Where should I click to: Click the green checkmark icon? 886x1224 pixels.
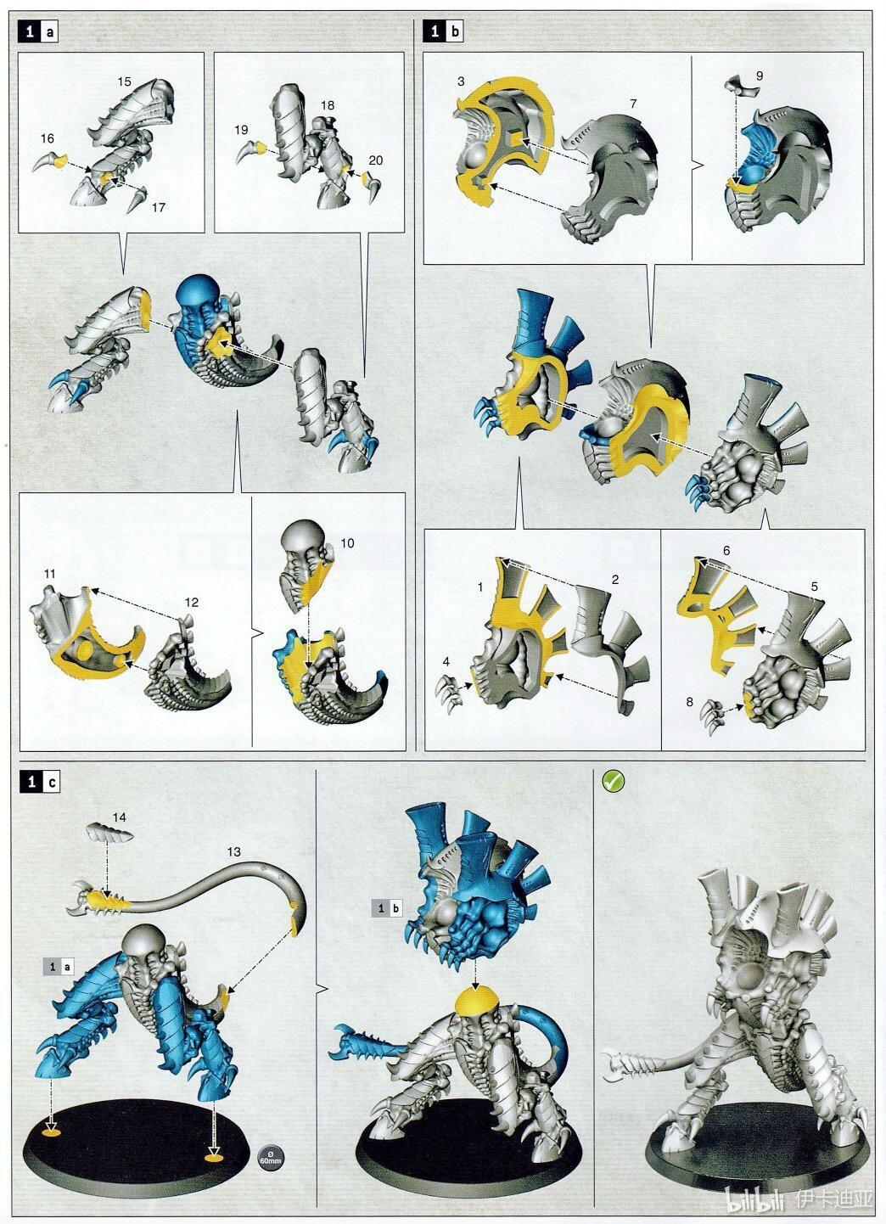[x=614, y=782]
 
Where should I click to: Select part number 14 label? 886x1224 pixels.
[x=119, y=817]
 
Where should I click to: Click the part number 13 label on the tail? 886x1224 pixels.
[x=233, y=851]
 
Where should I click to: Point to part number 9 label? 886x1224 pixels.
[x=760, y=76]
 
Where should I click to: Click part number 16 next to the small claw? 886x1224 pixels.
[x=48, y=139]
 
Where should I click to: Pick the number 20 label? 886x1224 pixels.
[x=376, y=160]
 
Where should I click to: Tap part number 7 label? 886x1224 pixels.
[x=633, y=104]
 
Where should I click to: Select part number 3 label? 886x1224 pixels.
[x=461, y=81]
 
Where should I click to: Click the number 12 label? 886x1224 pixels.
[x=191, y=602]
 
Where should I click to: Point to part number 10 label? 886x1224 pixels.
[x=347, y=542]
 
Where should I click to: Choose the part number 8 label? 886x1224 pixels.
[x=689, y=702]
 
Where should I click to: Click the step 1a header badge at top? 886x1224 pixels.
[x=37, y=32]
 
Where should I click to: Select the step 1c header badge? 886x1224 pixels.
[x=39, y=783]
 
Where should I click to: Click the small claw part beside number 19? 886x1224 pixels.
[x=250, y=151]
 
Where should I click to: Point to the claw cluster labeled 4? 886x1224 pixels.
[x=450, y=693]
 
